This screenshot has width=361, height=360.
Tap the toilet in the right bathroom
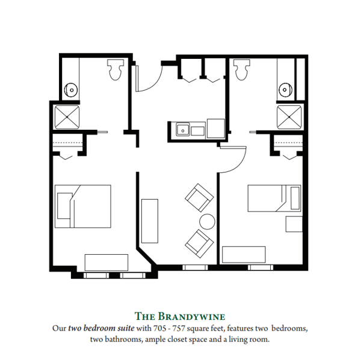[242, 71]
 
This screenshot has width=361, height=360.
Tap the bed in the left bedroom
[83, 206]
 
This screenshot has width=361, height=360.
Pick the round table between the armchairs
[207, 221]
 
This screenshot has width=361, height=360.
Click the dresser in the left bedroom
[106, 263]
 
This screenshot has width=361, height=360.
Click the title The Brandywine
[180, 316]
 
